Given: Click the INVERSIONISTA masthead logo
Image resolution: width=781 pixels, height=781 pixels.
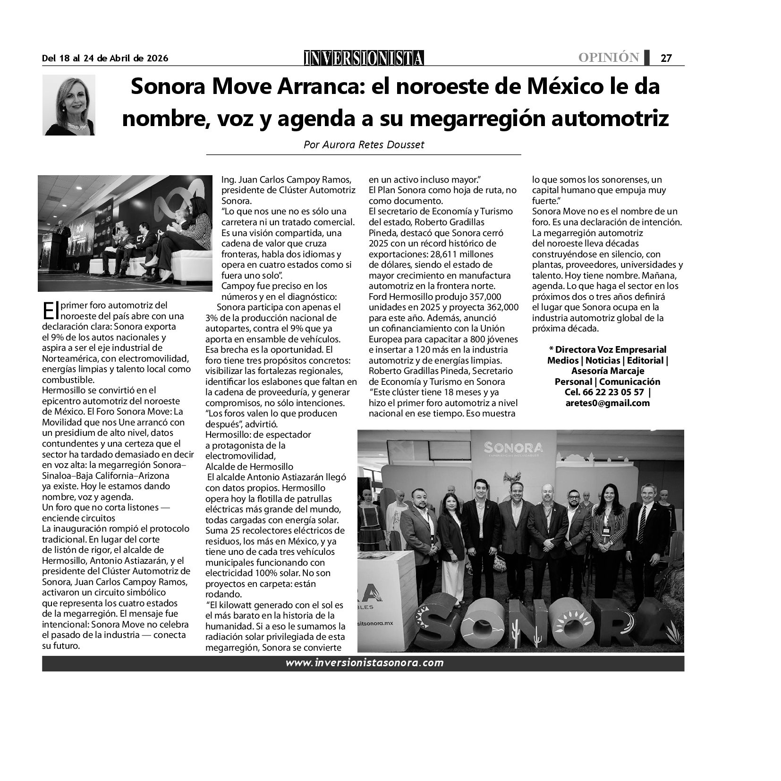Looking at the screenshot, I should point(364,58).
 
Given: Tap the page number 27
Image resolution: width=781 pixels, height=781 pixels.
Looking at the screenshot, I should point(666,58).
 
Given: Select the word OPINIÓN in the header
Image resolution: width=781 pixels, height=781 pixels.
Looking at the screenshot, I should point(609,58).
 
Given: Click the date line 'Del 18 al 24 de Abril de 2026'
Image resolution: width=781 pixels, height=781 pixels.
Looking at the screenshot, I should point(105,58).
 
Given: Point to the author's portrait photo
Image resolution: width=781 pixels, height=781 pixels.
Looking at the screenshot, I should point(69,105).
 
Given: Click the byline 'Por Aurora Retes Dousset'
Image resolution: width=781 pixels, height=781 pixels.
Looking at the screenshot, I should point(364,145).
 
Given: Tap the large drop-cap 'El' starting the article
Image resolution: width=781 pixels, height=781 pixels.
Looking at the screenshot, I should point(50,311).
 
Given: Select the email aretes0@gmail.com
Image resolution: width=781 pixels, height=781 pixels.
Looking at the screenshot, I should point(607,403).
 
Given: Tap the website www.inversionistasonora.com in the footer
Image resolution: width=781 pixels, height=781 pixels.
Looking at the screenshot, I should point(365,662).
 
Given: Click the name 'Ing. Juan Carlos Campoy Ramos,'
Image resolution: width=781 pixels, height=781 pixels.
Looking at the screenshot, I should point(287,180).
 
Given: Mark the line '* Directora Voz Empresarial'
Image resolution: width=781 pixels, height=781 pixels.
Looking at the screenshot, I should point(607,349).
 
